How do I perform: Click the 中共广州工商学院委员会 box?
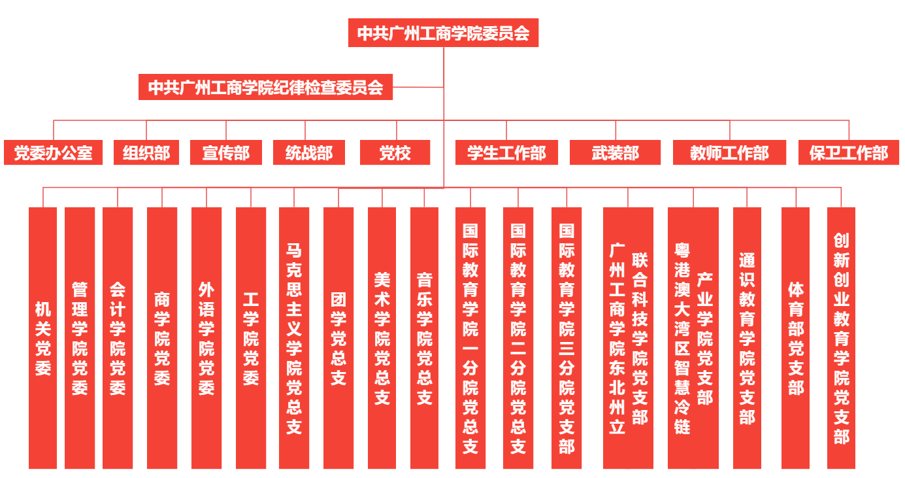click(x=443, y=33)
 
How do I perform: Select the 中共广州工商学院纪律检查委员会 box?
click(x=265, y=87)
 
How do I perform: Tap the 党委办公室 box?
click(x=54, y=153)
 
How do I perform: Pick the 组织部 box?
click(x=146, y=153)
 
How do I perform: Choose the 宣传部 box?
click(x=226, y=153)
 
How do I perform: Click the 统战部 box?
click(x=309, y=153)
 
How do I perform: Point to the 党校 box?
click(x=395, y=153)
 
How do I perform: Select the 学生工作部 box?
click(x=506, y=153)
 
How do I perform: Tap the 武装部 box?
click(x=616, y=153)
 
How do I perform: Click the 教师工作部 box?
click(x=729, y=153)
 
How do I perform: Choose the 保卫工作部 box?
click(x=849, y=153)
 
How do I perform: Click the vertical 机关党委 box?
click(x=43, y=338)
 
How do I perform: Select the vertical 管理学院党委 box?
click(x=80, y=338)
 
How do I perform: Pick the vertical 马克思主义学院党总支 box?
click(x=294, y=338)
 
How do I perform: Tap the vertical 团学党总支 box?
click(x=338, y=338)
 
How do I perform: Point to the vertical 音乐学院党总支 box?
click(x=425, y=338)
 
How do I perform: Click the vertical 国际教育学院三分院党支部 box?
click(x=567, y=338)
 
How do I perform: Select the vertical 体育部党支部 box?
click(x=795, y=338)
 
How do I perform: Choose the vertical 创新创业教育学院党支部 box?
click(x=841, y=338)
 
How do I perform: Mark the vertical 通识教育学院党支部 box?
click(x=747, y=338)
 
